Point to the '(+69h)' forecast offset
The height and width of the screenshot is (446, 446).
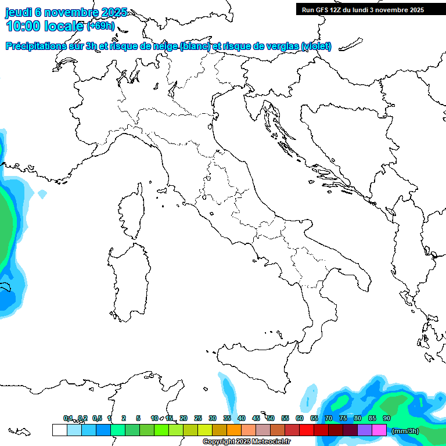tap(100, 27)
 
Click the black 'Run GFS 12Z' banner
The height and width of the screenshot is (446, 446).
tap(362, 9)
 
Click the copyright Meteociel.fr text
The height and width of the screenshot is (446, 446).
tap(247, 442)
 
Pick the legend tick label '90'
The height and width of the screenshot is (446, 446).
tap(387, 418)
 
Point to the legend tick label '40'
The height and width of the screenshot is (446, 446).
tap(242, 418)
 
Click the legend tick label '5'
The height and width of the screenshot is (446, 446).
tap(138, 418)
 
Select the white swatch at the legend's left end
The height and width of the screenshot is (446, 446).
tap(59, 430)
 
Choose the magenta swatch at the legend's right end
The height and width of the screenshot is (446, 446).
tap(379, 430)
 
